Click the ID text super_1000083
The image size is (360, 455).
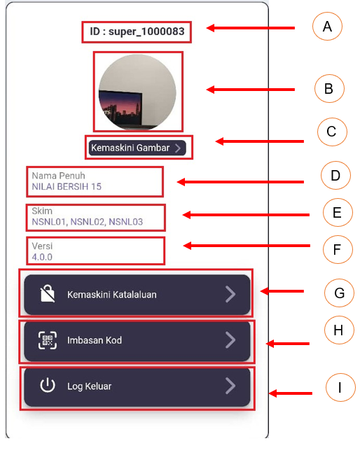(x=146, y=31)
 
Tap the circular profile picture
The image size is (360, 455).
(x=137, y=92)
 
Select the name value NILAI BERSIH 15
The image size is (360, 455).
(x=67, y=187)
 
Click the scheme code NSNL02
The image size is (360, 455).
(x=88, y=222)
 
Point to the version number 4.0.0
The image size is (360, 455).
(x=42, y=257)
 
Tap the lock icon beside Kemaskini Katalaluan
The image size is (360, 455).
(x=48, y=293)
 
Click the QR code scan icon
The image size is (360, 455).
(x=48, y=340)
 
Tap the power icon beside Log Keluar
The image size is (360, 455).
(x=48, y=386)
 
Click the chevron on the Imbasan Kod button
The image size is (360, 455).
(x=230, y=340)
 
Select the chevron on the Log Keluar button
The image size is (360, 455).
(x=230, y=386)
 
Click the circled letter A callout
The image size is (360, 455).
(x=327, y=27)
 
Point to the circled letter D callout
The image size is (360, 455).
(x=335, y=176)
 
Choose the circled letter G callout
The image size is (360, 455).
(x=339, y=293)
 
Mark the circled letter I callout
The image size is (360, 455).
(x=340, y=388)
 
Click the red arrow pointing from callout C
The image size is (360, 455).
(x=260, y=141)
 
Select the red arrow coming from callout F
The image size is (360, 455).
(x=247, y=246)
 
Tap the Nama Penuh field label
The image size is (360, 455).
(x=58, y=176)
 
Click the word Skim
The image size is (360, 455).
(x=42, y=211)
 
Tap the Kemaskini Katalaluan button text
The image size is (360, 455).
(x=112, y=295)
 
